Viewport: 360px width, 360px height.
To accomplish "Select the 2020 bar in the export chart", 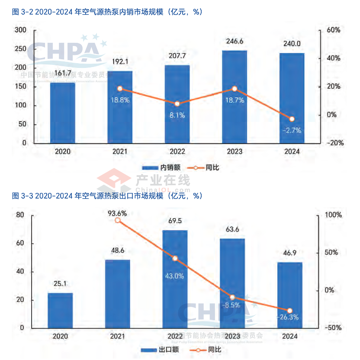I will coord(60,310).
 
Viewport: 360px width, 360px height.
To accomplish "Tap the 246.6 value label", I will coord(235,42).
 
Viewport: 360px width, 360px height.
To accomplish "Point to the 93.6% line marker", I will coord(118,220).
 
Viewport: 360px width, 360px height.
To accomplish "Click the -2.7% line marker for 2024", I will coord(292,119).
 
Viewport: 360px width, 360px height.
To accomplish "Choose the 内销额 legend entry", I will coord(161,167).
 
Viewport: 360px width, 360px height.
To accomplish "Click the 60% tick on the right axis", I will coord(334,30).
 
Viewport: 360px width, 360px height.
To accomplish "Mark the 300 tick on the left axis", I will coord(20,30).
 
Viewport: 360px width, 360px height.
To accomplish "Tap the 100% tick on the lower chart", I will coord(333,215).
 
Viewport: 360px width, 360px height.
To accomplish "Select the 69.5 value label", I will coord(175,221).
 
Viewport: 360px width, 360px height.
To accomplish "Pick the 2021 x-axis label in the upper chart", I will coord(120,152).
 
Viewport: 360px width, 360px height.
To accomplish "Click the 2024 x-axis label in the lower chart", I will coord(290,336).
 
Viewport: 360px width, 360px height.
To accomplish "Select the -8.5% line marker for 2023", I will coord(232,297).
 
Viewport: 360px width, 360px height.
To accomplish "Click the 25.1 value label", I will coord(60,284).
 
